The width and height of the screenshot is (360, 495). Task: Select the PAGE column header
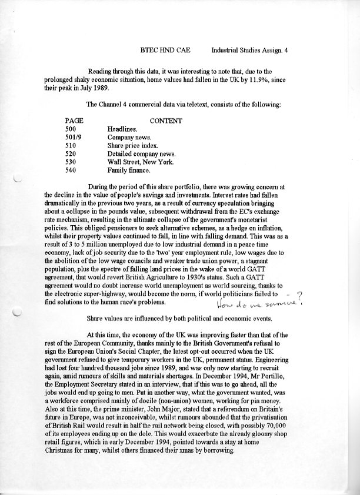(74, 121)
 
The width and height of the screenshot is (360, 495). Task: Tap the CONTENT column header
(166, 121)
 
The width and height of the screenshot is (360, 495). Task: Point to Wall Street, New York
(141, 162)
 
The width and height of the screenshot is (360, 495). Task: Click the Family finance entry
(128, 170)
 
